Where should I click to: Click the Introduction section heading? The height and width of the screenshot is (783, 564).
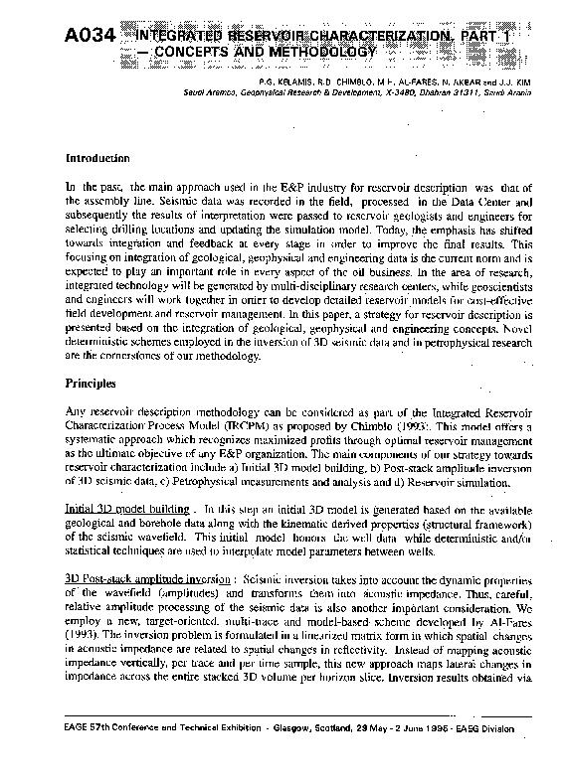(x=97, y=158)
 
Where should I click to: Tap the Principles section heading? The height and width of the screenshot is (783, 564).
(x=93, y=354)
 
